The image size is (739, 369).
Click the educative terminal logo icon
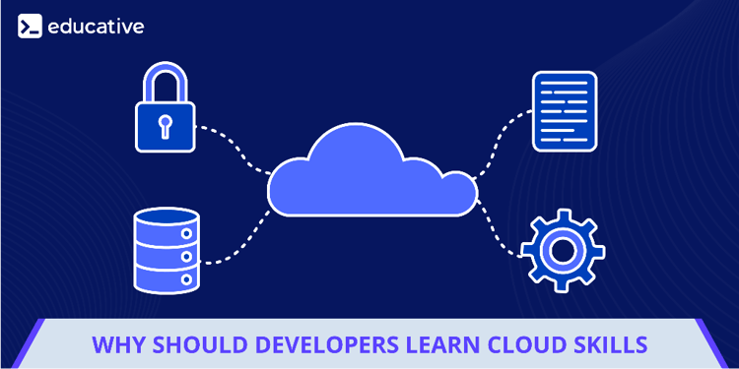click(30, 26)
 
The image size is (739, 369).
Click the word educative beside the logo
click(96, 26)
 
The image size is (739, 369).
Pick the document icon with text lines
click(565, 110)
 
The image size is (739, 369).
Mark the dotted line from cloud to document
click(503, 138)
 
